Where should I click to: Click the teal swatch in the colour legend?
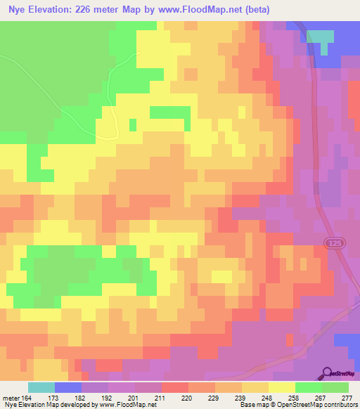(x=41, y=387)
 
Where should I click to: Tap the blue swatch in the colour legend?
(x=68, y=387)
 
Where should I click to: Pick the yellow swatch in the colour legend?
(x=282, y=387)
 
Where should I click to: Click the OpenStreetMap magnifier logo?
(x=327, y=373)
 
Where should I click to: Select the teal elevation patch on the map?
(x=321, y=39)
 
